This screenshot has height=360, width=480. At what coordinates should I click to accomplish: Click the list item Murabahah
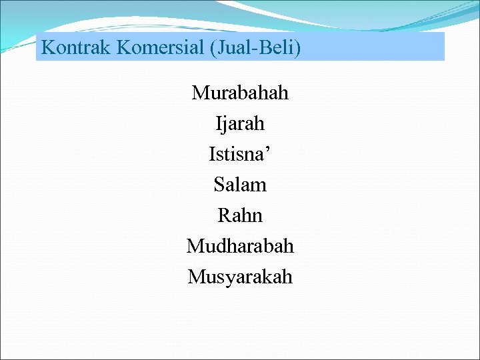[x=240, y=93]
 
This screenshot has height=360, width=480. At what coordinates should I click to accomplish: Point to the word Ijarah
[x=240, y=123]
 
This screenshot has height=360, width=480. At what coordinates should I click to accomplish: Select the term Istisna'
[x=240, y=154]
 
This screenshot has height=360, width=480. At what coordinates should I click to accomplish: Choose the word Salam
[x=240, y=185]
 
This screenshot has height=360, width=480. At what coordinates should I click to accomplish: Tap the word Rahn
[x=240, y=215]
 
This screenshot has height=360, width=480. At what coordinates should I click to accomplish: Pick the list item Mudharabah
[x=240, y=246]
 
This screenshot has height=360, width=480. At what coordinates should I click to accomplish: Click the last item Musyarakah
[x=240, y=276]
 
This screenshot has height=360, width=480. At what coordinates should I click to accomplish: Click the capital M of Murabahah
[x=200, y=93]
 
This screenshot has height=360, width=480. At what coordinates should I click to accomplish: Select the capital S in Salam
[x=219, y=185]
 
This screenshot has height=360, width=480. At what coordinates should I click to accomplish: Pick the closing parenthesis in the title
[x=298, y=48]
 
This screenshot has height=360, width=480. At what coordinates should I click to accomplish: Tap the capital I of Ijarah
[x=218, y=123]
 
